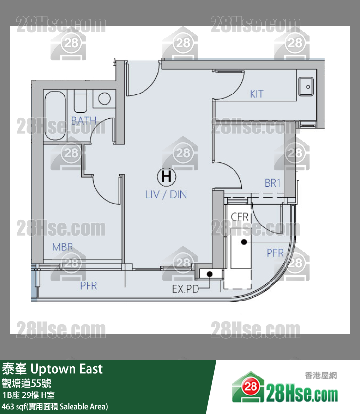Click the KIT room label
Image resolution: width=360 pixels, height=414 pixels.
coord(256,94)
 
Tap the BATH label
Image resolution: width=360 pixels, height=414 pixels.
coord(84,121)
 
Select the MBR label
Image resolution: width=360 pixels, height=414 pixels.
coord(62,247)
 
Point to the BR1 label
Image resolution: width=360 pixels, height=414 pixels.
coord(272,183)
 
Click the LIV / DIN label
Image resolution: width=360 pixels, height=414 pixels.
coord(166,195)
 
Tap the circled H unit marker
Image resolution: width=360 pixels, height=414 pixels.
coord(166,176)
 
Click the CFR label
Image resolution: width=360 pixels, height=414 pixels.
coord(239,217)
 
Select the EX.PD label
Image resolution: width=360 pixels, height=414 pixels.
coord(185,289)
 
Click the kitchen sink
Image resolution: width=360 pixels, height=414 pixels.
coord(306,87)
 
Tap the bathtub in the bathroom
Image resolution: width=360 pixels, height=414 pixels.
coord(55,115)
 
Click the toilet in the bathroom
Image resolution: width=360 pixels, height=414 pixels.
coord(80,101)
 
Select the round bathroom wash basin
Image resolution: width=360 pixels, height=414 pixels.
coord(105,99)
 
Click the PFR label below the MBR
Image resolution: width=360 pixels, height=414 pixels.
coord(89,286)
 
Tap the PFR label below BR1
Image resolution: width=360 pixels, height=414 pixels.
coord(275,253)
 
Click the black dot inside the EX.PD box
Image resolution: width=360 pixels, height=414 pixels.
coord(210,274)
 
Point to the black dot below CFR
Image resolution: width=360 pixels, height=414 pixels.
coord(244,242)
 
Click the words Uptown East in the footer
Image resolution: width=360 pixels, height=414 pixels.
coord(67,369)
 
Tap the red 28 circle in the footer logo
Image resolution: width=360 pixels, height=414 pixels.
coord(251,387)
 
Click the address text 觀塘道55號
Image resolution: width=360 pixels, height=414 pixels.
coord(27,383)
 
